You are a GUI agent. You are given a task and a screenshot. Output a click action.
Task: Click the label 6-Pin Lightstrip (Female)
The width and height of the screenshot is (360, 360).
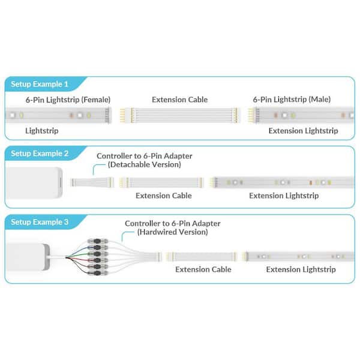68,99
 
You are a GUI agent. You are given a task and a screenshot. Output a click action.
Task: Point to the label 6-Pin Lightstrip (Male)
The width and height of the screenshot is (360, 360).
292,99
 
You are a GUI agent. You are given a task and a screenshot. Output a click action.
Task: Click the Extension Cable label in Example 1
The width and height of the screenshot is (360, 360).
180,99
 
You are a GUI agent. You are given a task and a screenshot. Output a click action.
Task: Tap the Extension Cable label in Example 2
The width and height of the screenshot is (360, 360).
164,196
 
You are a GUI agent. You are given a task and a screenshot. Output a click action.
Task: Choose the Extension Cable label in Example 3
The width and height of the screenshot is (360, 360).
203,269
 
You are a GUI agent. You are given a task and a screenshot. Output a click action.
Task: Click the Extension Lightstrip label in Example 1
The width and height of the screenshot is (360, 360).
303,130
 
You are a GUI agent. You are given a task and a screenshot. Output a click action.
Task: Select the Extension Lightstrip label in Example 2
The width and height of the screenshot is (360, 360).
284,196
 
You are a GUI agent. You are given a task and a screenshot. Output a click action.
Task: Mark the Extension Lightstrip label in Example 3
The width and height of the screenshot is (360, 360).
301,269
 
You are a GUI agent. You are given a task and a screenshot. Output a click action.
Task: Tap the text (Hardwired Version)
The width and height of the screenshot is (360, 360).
173,232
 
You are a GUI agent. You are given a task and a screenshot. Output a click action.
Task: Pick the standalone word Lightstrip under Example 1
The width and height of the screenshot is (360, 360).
42,130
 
